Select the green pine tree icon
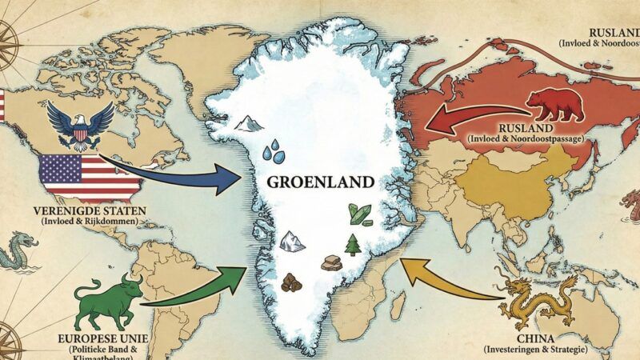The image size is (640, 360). point(352,243)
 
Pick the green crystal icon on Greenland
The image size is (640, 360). point(358,214)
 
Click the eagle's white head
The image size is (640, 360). point(80,121)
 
